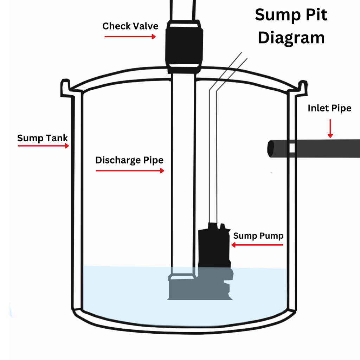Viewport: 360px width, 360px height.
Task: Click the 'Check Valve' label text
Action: [x=130, y=26]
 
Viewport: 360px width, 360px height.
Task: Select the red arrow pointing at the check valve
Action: [x=130, y=36]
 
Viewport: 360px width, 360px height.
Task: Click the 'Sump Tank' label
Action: [x=42, y=138]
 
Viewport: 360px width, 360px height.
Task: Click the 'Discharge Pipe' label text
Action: [x=129, y=160]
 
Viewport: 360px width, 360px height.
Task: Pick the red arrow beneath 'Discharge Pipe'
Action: [x=130, y=171]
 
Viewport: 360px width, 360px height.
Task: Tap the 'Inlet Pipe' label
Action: [x=329, y=108]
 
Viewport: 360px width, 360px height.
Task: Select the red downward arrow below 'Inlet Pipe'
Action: [x=330, y=129]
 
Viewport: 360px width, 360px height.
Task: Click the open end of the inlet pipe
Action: [x=271, y=149]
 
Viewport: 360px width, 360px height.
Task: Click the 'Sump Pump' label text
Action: [x=258, y=236]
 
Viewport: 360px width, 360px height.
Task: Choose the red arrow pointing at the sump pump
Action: [x=257, y=245]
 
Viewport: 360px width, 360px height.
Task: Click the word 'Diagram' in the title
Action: [x=291, y=38]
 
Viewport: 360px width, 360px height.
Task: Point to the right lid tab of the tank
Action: [x=302, y=88]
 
